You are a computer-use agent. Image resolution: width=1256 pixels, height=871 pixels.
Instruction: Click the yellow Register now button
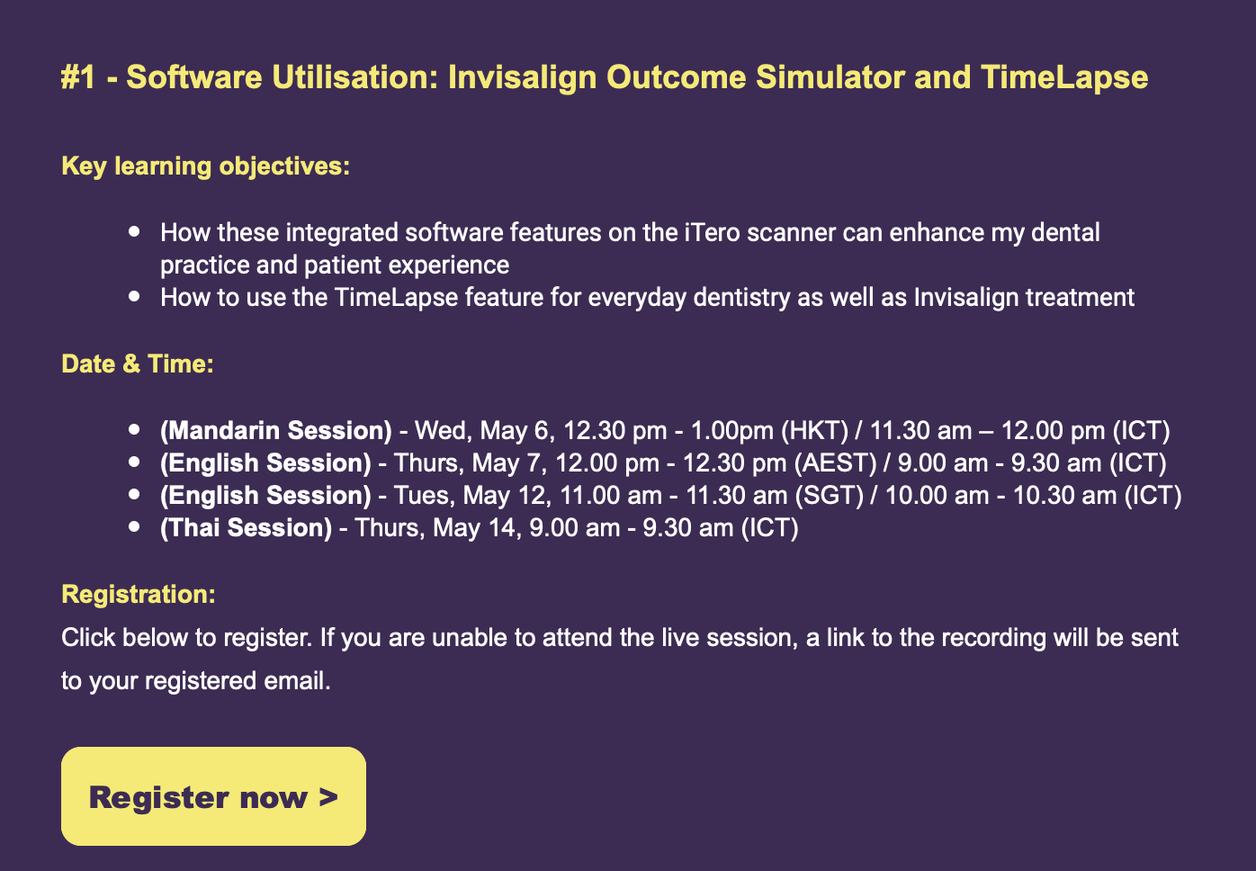[x=213, y=795]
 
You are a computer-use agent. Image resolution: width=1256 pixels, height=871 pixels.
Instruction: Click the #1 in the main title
[x=78, y=76]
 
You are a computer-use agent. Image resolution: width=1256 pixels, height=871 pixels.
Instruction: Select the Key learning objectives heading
[x=206, y=166]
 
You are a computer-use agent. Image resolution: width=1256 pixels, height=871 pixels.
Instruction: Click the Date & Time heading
[x=138, y=364]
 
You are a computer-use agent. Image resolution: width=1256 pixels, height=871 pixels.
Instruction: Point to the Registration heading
[x=139, y=594]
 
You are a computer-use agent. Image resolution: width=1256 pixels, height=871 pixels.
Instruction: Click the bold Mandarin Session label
[x=276, y=431]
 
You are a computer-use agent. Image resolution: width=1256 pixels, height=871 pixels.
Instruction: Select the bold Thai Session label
[x=247, y=528]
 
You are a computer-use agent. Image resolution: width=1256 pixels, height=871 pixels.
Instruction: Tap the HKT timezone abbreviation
[x=815, y=431]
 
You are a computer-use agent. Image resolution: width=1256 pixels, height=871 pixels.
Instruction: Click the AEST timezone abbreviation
[x=836, y=463]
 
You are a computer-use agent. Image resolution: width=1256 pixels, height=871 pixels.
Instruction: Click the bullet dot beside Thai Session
[x=134, y=526]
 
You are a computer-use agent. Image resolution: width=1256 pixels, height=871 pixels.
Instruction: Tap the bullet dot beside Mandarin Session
[x=134, y=429]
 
